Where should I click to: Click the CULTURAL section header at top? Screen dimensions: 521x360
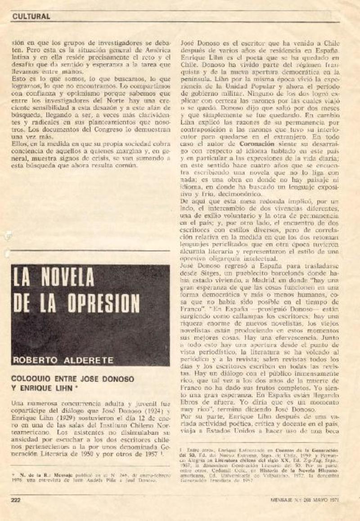(31, 16)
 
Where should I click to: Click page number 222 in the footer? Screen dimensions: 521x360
(17, 499)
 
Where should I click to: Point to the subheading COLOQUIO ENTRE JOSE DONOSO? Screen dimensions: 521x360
(72, 379)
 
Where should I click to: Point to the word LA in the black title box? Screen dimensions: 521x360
(22, 278)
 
